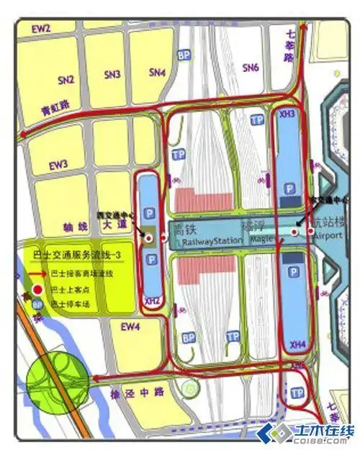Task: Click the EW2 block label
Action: point(42,29)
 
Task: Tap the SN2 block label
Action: point(66,79)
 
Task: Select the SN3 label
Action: point(112,74)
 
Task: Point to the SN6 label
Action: point(250,68)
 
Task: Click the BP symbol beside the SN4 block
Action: point(185,55)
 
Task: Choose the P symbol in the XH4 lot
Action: point(292,273)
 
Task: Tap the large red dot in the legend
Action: point(38,289)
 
